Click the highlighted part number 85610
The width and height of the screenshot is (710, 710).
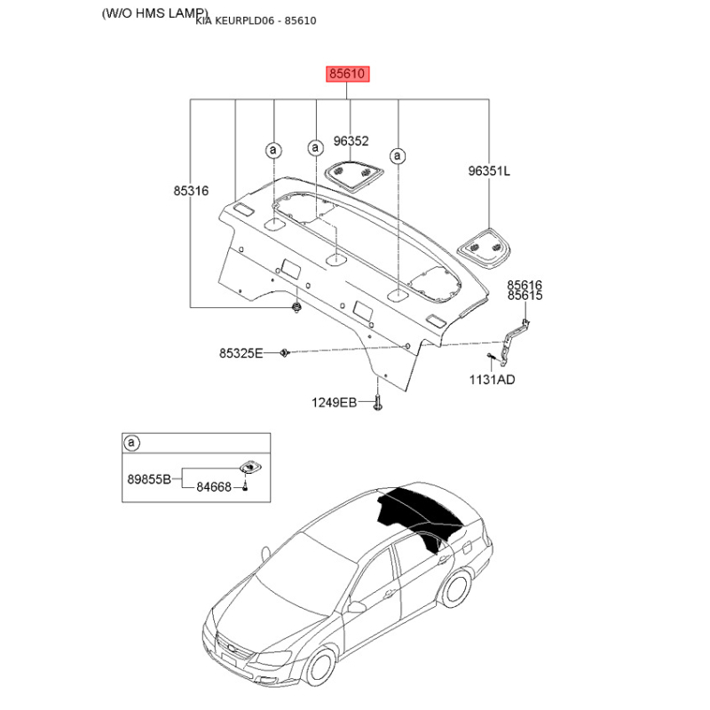pos(347,74)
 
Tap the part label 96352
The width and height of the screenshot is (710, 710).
pos(351,141)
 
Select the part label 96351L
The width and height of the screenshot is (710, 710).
pos(489,170)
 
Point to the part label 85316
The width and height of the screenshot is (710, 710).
pos(191,191)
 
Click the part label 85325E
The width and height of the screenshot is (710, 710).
pos(241,352)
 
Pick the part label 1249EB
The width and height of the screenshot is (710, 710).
pos(334,402)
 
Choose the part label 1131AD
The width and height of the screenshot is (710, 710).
pos(493,380)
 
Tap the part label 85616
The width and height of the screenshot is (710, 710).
pos(525,285)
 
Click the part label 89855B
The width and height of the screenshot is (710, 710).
pos(149,478)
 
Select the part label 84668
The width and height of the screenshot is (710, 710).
pos(214,487)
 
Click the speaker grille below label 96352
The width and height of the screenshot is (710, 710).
pos(354,175)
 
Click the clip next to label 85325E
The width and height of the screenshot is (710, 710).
pos(285,352)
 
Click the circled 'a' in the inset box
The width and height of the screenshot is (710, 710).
pos(131,442)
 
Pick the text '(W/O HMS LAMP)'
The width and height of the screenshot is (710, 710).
pos(155,13)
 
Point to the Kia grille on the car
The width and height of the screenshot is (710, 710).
pos(233,645)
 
